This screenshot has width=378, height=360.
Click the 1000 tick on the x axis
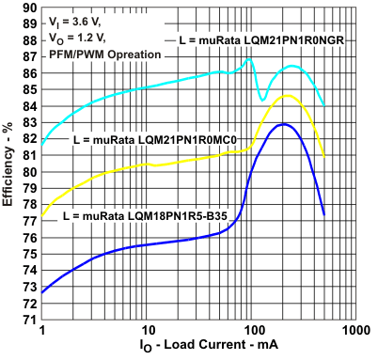(x=354, y=332)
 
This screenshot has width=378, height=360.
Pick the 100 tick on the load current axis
(x=251, y=332)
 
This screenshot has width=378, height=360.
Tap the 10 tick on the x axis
(x=147, y=332)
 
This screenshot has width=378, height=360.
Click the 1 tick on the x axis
(x=42, y=332)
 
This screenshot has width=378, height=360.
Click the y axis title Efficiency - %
(x=8, y=164)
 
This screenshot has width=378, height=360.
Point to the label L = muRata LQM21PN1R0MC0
(x=154, y=139)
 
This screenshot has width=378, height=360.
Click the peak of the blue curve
(x=282, y=124)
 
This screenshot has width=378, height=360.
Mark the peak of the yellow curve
(x=287, y=96)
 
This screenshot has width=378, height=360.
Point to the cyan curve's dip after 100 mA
(x=262, y=99)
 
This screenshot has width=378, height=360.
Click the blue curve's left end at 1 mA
(x=42, y=292)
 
